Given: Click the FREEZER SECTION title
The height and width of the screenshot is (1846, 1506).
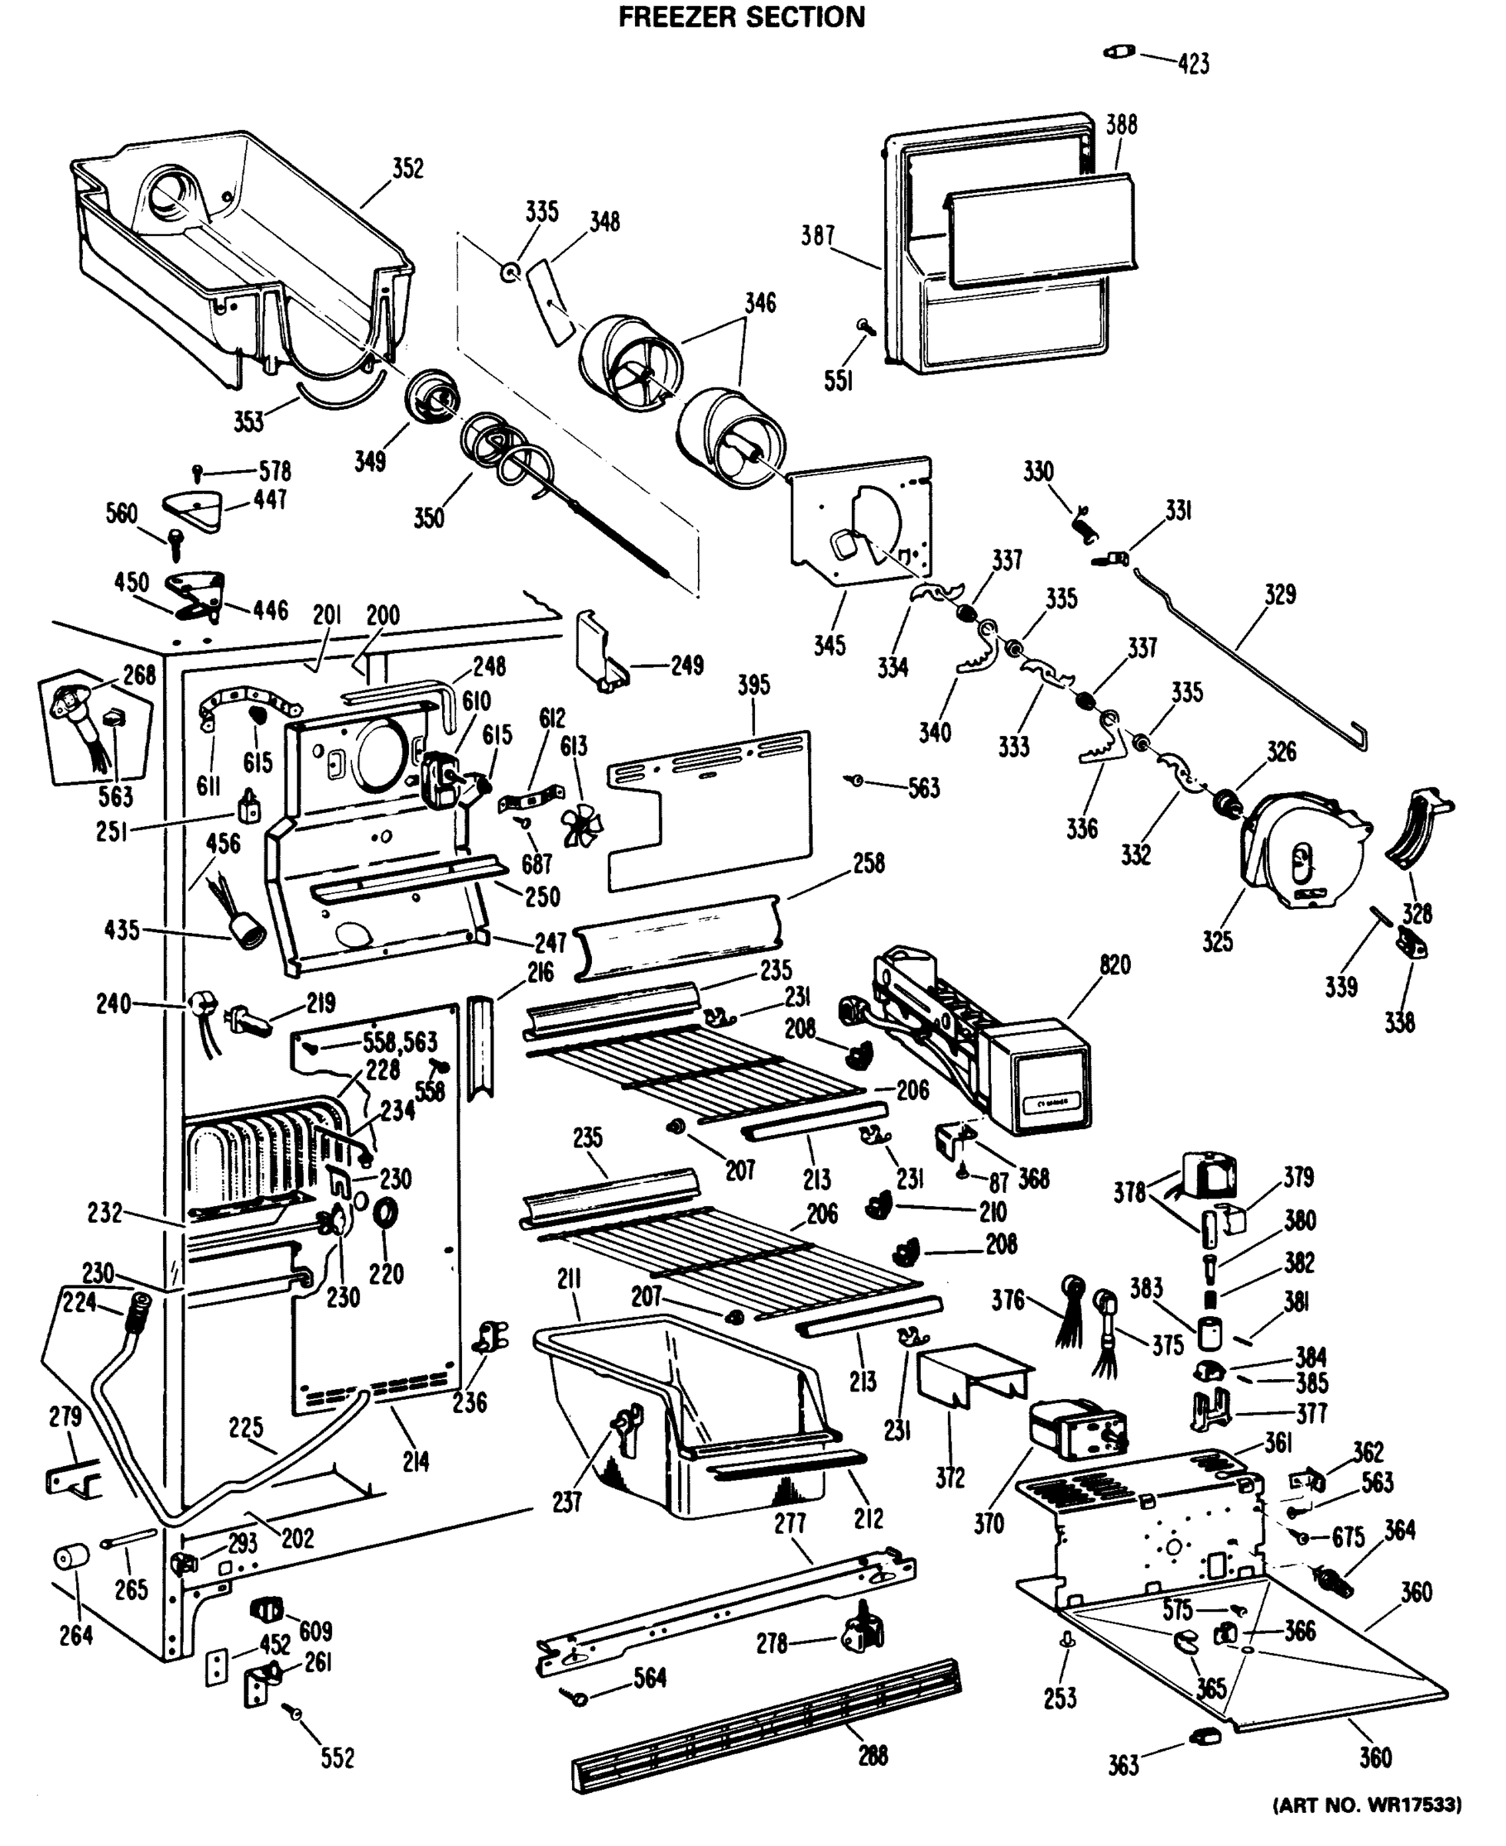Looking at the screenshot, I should (x=741, y=18).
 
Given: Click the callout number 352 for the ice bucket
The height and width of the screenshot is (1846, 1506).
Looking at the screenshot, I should (x=407, y=168).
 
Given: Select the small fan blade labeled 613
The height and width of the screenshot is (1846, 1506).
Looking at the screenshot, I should (x=580, y=826).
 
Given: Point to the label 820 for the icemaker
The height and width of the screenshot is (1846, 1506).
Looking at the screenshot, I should (x=1115, y=965).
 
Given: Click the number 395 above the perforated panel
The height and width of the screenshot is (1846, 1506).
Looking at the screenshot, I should (x=754, y=685).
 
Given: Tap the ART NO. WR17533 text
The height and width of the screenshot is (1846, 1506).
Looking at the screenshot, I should (x=1366, y=1806).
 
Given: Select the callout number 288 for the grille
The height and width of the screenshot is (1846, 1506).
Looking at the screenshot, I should (x=873, y=1755).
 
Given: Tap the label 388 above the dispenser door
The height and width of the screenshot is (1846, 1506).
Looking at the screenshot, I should (x=1121, y=124).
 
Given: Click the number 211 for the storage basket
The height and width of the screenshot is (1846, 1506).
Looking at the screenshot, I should (x=569, y=1278).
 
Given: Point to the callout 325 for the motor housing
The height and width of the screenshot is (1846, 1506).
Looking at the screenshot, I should (x=1217, y=941).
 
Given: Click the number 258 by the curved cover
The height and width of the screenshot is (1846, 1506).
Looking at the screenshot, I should (x=869, y=863).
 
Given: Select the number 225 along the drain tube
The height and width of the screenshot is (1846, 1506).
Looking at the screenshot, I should (x=245, y=1427).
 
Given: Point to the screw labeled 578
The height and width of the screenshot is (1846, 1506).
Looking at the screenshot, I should (x=198, y=472).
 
